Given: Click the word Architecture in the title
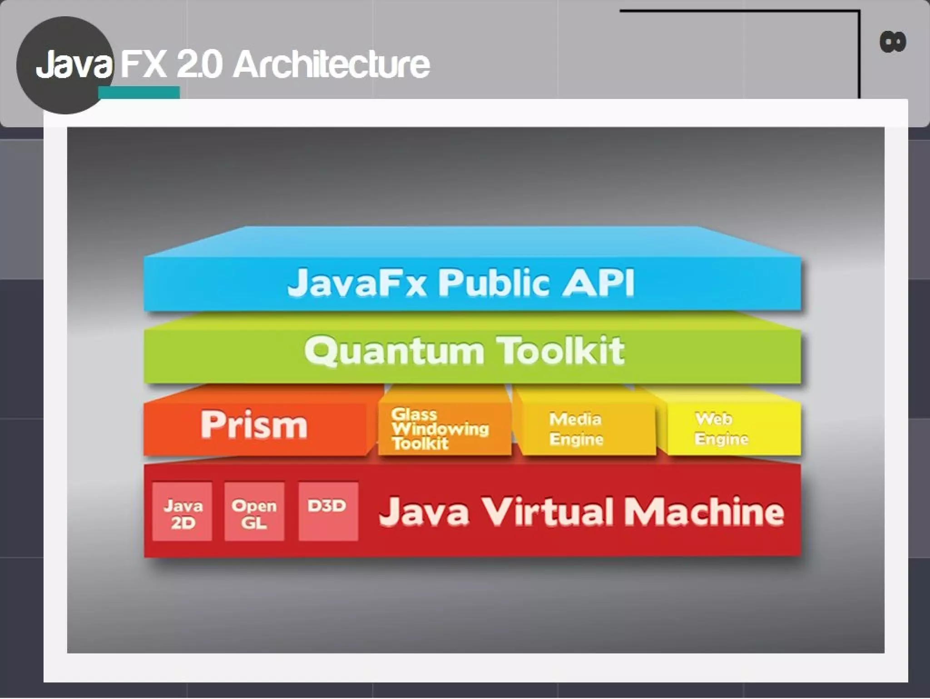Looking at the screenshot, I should pyautogui.click(x=331, y=65).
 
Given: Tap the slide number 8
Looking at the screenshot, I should pyautogui.click(x=893, y=42).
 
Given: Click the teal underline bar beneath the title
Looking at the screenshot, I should pyautogui.click(x=139, y=92).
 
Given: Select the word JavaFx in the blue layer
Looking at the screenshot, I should pyautogui.click(x=357, y=283).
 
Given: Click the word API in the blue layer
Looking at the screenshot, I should pyautogui.click(x=599, y=283).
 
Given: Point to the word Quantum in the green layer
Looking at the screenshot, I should pyautogui.click(x=394, y=351).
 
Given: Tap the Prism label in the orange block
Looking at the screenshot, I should pyautogui.click(x=254, y=425).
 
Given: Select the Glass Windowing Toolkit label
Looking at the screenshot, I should pyautogui.click(x=440, y=429).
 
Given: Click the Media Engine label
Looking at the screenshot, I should pyautogui.click(x=576, y=429).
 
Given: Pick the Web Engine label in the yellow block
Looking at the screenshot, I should pyautogui.click(x=721, y=429).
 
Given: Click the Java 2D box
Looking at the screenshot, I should pyautogui.click(x=183, y=512).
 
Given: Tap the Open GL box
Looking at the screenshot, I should pyautogui.click(x=254, y=512).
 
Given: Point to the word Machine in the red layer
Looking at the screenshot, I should pyautogui.click(x=704, y=511).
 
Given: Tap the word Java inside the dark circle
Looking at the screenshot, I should pyautogui.click(x=74, y=65).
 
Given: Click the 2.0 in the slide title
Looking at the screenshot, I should pyautogui.click(x=200, y=65).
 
